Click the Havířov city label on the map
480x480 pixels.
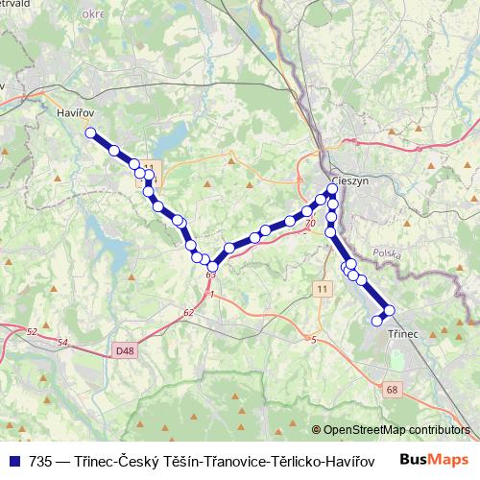pyautogui.click(x=64, y=112)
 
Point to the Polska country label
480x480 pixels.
pyautogui.click(x=387, y=253)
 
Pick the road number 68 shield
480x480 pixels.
pyautogui.click(x=392, y=389)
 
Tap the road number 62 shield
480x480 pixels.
pyautogui.click(x=188, y=312)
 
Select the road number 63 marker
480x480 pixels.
pyautogui.click(x=210, y=276)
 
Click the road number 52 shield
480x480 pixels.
pyautogui.click(x=32, y=331)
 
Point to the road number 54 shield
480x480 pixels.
pyautogui.click(x=62, y=342)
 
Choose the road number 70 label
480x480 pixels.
pyautogui.click(x=309, y=224)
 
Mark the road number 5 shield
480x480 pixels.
pyautogui.click(x=313, y=339)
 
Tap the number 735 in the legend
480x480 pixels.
pyautogui.click(x=41, y=459)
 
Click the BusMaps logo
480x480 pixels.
pyautogui.click(x=434, y=458)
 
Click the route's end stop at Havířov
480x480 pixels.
pyautogui.click(x=90, y=133)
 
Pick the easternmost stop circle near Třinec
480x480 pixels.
pyautogui.click(x=389, y=310)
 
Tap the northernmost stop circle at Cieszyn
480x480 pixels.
pyautogui.click(x=332, y=189)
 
